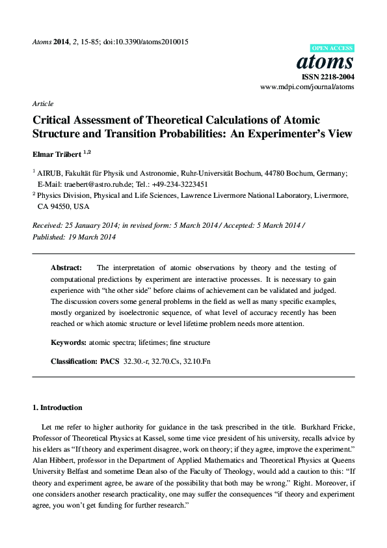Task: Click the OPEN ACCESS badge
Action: point(333,49)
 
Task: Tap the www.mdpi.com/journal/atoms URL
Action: point(307,86)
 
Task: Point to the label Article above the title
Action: point(42,103)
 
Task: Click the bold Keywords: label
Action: point(70,342)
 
